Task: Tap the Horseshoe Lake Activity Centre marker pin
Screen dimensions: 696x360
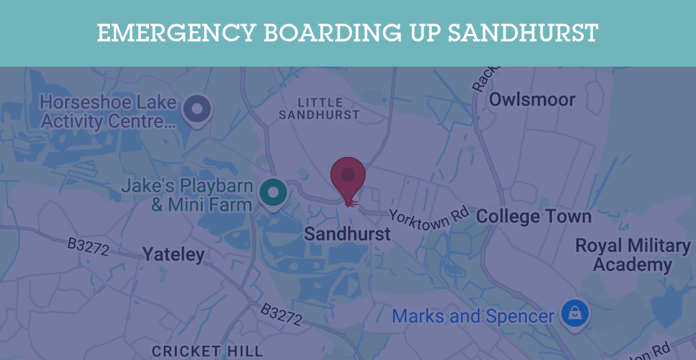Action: (197, 109)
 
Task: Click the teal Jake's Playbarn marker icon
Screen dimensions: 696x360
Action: (273, 192)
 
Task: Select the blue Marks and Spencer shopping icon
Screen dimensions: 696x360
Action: (575, 314)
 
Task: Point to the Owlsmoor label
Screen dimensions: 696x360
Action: (532, 100)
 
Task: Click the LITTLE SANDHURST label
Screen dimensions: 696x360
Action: (319, 109)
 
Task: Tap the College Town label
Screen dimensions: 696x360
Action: (534, 217)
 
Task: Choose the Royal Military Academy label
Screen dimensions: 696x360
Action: (633, 255)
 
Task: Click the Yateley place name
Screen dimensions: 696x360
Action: (173, 255)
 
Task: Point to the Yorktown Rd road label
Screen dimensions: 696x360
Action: (429, 219)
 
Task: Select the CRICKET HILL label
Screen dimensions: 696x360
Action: (207, 351)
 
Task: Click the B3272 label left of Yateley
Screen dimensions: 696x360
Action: (88, 247)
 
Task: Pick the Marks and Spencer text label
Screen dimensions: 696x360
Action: (473, 316)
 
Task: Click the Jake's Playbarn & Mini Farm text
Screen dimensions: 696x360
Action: (187, 195)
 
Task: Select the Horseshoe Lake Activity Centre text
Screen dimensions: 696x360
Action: (109, 112)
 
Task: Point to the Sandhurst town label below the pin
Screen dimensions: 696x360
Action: (347, 234)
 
